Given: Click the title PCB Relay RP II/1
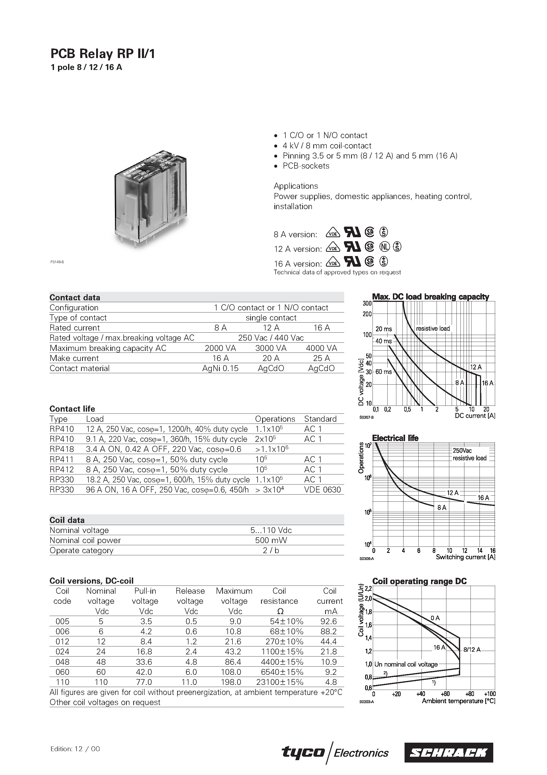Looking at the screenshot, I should click(102, 54).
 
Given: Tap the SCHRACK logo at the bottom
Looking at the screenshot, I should click(449, 752).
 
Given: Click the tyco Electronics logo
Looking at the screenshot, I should click(335, 752).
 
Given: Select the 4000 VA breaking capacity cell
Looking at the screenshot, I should click(321, 348).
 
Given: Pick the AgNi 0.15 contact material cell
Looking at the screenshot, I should click(220, 368).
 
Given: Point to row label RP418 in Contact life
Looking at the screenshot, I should click(62, 449).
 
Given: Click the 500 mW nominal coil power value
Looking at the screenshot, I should click(271, 540).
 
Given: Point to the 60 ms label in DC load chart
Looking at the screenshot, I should click(383, 372).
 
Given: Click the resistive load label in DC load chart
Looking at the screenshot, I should click(433, 328).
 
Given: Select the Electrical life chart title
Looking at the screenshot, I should click(395, 438).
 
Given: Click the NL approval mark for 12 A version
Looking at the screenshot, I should click(384, 247).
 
